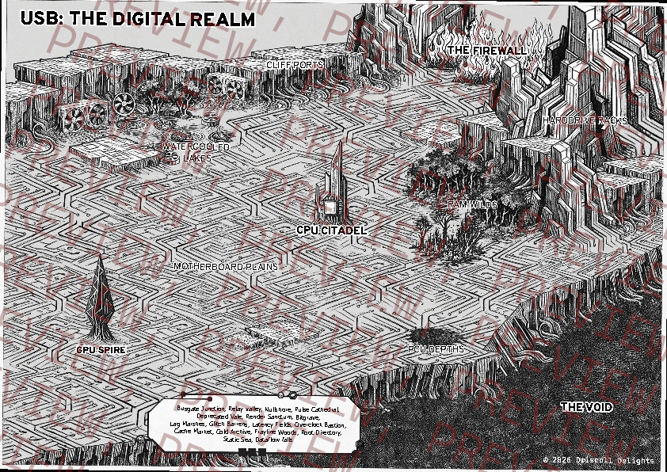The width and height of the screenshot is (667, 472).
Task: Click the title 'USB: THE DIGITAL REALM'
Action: [x=138, y=19]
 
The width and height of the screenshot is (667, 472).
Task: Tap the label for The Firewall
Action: [x=486, y=50]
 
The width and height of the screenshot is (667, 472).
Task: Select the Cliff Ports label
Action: [x=295, y=64]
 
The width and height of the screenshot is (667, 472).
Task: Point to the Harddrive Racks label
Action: [x=585, y=120]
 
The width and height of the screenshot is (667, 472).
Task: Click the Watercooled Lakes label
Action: [x=196, y=152]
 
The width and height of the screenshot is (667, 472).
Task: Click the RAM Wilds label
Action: [x=472, y=204]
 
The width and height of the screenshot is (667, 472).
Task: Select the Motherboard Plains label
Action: [x=226, y=267]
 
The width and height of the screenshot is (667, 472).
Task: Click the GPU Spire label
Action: [x=101, y=348]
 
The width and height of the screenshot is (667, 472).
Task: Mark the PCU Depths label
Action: [x=436, y=348]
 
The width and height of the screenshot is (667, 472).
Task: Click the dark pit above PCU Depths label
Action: [x=435, y=333]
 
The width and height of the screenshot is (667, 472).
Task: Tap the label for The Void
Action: [x=586, y=407]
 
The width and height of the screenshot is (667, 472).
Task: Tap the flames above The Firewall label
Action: [x=487, y=33]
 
